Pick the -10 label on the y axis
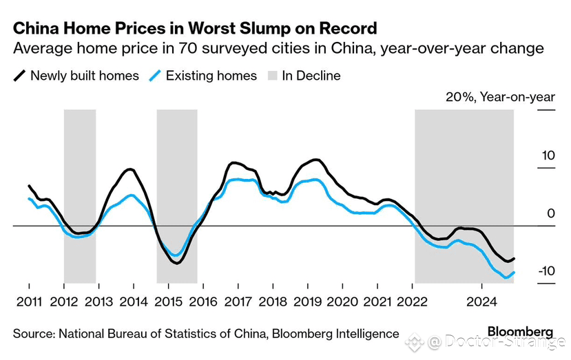[546, 271]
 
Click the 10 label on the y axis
[548, 156]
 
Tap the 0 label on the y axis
[551, 213]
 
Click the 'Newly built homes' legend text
[85, 76]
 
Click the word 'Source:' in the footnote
[34, 333]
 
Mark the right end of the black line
[515, 259]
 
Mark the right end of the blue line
[515, 273]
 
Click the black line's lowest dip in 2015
[177, 263]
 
